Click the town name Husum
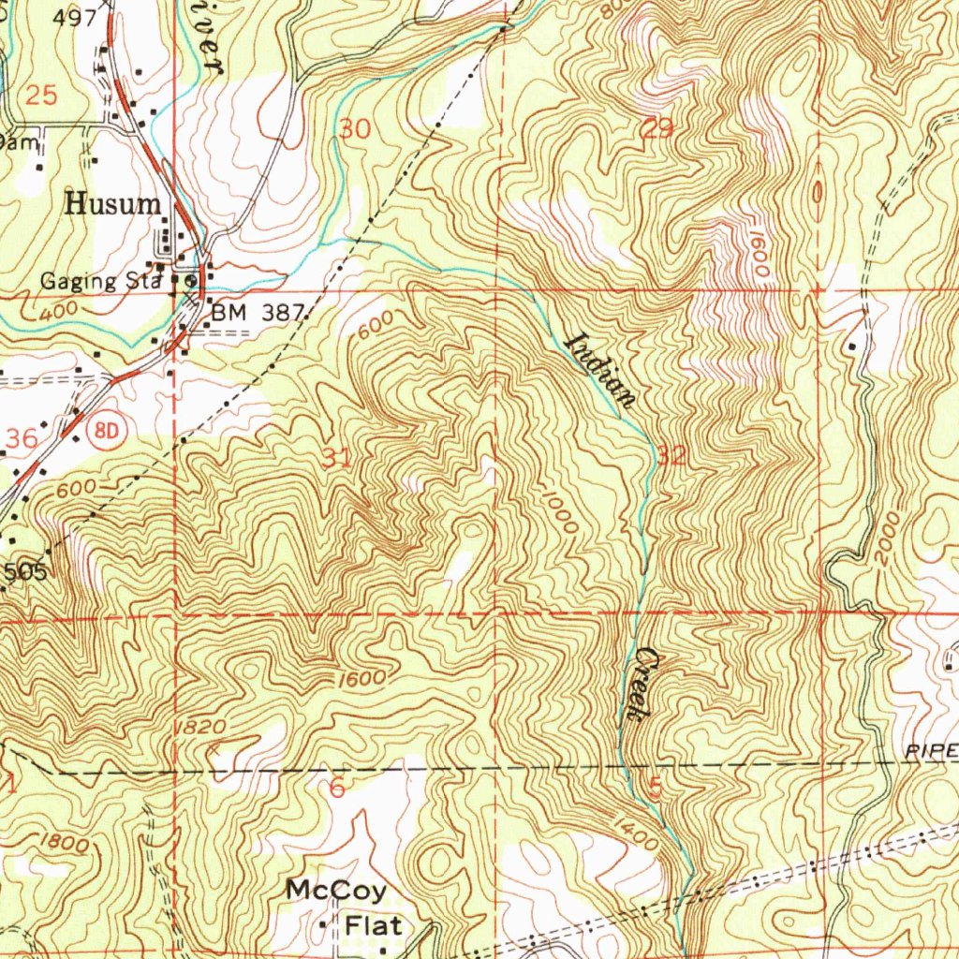click(112, 205)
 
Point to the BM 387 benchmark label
click(256, 315)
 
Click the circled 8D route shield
click(109, 429)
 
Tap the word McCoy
click(336, 889)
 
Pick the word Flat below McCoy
click(374, 925)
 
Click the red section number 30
click(355, 129)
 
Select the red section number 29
click(657, 129)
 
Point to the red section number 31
click(337, 458)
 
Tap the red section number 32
click(671, 456)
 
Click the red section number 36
click(22, 438)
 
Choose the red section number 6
click(337, 788)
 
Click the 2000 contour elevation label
click(888, 539)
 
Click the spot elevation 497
click(75, 18)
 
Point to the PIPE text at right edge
click(931, 751)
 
